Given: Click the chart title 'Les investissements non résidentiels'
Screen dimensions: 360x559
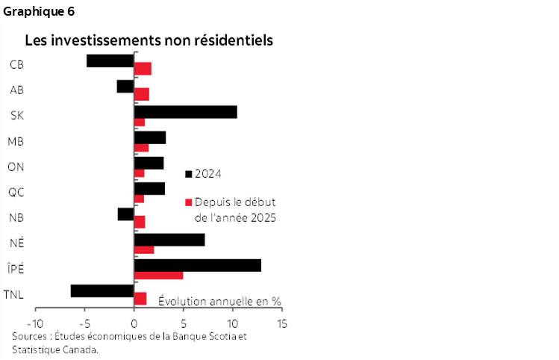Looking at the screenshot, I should coord(149,39).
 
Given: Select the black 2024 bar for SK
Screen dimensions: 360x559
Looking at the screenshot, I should coord(185,112).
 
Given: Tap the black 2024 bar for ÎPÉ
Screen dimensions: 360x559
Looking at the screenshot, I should coord(197,266).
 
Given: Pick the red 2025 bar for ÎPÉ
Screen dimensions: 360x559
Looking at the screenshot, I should coord(158,276).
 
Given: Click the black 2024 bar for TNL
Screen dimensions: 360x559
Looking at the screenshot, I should coord(102,291).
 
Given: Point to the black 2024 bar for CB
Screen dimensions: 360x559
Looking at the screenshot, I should coord(110,60).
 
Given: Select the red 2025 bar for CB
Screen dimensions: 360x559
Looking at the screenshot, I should coord(143,69).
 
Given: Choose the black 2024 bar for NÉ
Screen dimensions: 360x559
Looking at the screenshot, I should coord(169,240).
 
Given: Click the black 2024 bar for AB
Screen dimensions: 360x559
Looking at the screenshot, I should coord(125,87).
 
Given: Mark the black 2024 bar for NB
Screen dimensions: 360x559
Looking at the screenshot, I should coord(125,214).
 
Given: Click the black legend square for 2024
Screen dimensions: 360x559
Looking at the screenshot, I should coord(189,174).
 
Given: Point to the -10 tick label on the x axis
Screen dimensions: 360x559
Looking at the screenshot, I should coord(34,325).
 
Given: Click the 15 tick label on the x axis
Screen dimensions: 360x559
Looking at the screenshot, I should coord(282,325).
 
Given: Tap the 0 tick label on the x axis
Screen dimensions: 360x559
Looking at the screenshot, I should coord(134,325).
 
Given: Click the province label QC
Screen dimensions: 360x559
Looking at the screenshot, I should coord(16,192).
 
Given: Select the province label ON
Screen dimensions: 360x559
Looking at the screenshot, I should coord(16,167).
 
